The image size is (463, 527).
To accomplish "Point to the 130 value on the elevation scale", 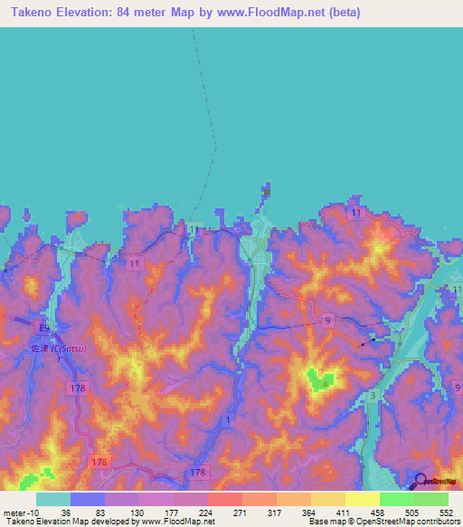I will point(123,512).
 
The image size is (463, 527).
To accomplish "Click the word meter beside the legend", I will point(13,512).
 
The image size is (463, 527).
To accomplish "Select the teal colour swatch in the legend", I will point(53,499).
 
